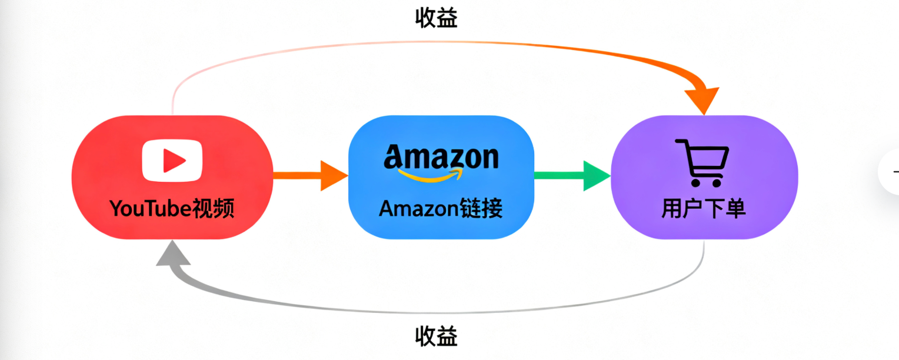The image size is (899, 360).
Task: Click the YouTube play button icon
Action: [172, 160]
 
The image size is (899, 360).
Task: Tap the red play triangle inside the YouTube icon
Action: [174, 160]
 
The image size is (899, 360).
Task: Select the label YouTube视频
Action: [172, 208]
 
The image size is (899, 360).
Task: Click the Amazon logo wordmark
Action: [441, 157]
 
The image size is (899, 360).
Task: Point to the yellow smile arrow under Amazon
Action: [430, 175]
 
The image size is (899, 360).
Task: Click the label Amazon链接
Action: [441, 208]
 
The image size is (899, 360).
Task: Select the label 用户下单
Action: [704, 208]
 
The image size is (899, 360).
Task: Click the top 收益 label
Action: [436, 18]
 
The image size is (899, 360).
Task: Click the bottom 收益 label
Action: [436, 337]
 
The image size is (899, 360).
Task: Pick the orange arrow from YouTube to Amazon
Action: [310, 176]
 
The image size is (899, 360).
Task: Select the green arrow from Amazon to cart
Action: [571, 176]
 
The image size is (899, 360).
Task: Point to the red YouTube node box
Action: [94, 176]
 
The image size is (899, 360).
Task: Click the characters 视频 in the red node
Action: [214, 208]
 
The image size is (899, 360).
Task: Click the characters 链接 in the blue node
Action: [484, 208]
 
